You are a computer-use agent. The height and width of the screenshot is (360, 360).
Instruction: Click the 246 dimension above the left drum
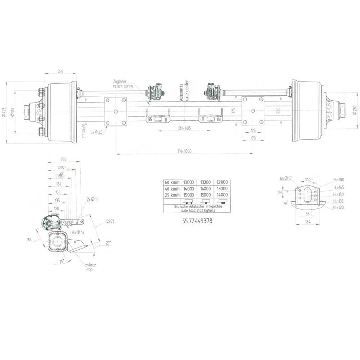(x=60, y=71)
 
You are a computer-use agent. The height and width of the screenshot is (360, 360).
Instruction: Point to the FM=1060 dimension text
(x=185, y=151)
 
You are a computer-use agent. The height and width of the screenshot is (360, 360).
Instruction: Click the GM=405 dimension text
(x=185, y=129)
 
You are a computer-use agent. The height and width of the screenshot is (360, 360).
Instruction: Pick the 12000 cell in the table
(x=221, y=183)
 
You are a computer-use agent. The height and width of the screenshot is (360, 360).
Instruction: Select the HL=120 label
(x=339, y=208)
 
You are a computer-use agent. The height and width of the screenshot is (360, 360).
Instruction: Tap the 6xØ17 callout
(x=286, y=178)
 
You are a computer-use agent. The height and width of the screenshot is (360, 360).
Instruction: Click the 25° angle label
(x=62, y=261)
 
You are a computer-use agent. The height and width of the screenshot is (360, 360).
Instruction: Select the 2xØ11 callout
(x=92, y=198)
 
